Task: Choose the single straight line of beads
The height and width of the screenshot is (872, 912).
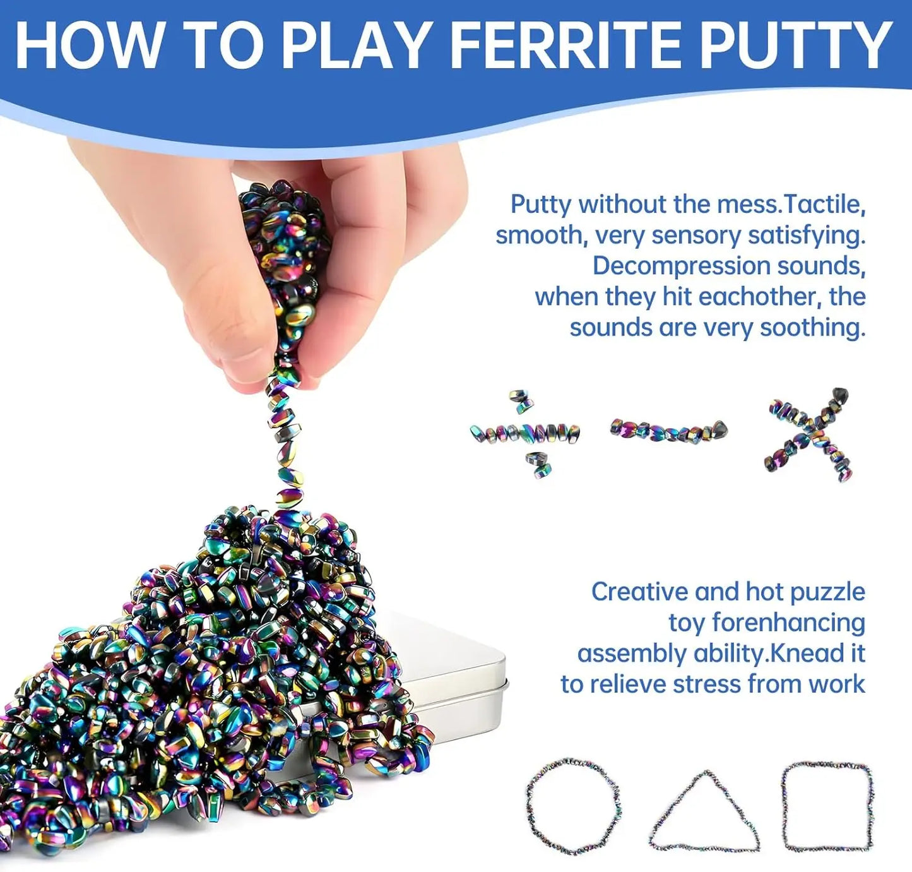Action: pyautogui.click(x=668, y=431)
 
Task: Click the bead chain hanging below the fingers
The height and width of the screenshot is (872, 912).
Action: pyautogui.click(x=282, y=442)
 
